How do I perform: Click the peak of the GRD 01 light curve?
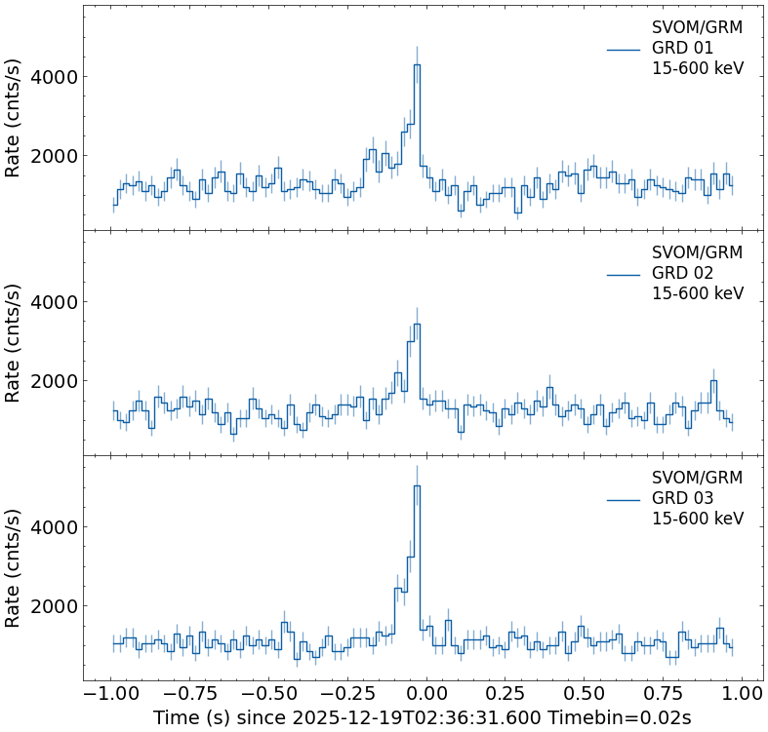click(x=417, y=65)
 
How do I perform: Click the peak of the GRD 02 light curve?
click(x=417, y=325)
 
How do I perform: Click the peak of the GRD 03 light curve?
click(x=417, y=486)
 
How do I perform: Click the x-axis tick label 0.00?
click(x=425, y=693)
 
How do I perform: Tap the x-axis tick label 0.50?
click(x=584, y=693)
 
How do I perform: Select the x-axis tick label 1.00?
click(x=743, y=693)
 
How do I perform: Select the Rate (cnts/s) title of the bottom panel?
click(x=14, y=567)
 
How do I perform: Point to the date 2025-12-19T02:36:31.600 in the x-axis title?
click(x=408, y=718)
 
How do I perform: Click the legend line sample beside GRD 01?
click(x=624, y=49)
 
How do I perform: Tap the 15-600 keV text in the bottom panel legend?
click(x=698, y=519)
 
